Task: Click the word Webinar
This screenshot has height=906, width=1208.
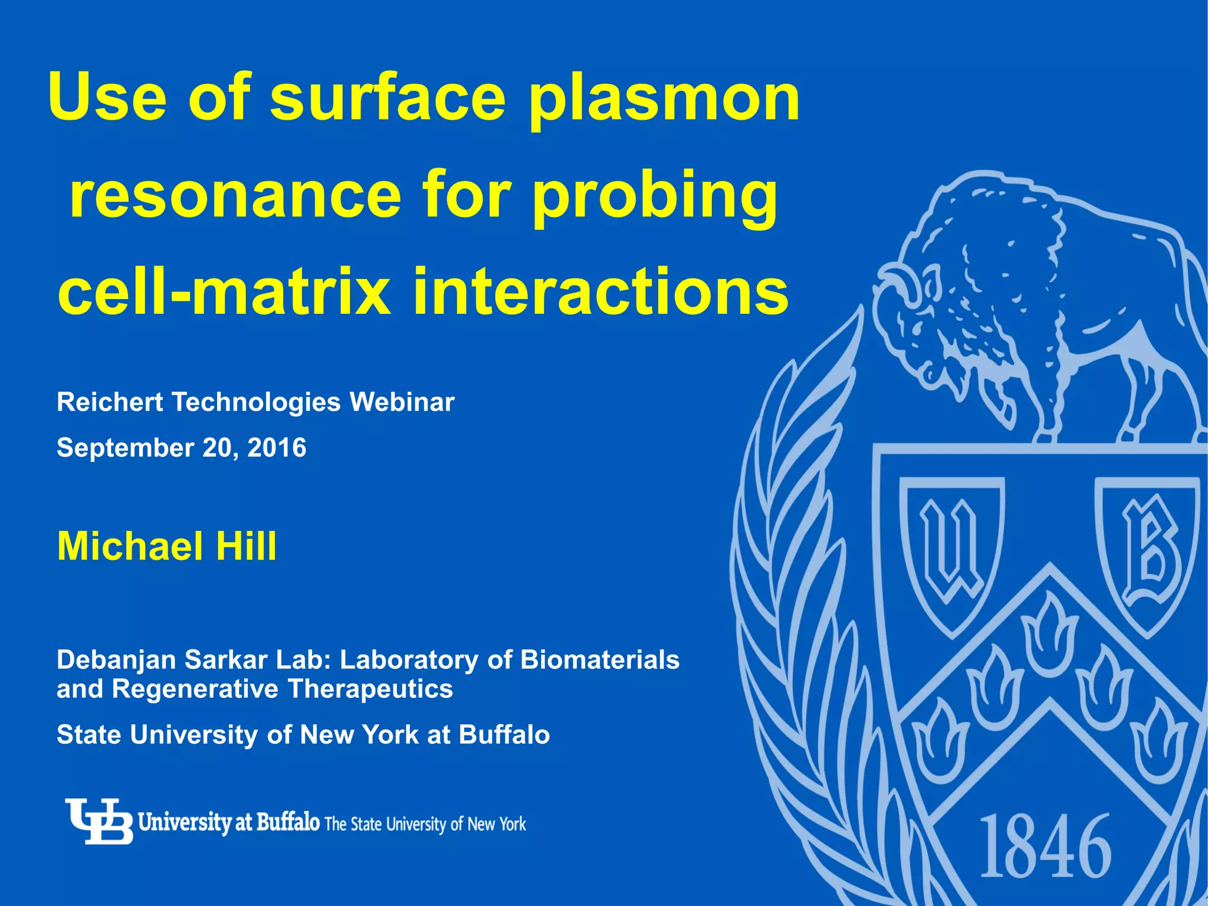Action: coord(402,402)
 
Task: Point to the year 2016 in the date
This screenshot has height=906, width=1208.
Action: coord(277,448)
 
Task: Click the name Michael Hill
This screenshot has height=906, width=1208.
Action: coord(166,546)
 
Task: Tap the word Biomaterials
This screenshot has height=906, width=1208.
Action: coord(600,659)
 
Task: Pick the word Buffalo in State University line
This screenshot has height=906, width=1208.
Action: coord(504,735)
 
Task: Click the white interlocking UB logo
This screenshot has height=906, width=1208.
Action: coord(99,821)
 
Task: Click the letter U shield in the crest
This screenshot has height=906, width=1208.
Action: coord(951,552)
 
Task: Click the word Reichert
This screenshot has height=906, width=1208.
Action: coord(110,402)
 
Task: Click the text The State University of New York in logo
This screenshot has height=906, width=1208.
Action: coord(425,824)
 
